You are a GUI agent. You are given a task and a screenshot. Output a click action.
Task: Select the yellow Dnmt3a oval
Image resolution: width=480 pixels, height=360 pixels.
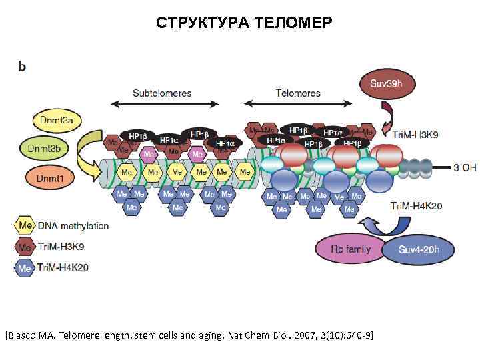pos(57,120)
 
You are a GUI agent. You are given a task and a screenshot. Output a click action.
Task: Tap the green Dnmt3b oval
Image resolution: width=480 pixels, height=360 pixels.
pos(57,149)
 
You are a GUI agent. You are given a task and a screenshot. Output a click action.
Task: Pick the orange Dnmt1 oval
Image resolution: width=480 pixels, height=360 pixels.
pos(57,178)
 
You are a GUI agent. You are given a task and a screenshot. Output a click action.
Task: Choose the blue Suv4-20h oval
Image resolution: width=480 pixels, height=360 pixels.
pos(418,250)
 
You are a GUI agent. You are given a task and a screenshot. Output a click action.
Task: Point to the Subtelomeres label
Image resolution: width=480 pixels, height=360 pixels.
pos(163,93)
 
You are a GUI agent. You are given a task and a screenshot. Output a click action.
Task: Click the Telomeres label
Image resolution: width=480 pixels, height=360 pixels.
pos(299,93)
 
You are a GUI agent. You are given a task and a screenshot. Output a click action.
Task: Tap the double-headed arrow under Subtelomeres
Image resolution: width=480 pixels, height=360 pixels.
pos(164,104)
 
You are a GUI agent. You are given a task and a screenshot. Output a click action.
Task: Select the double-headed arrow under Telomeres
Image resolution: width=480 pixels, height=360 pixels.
pos(299,104)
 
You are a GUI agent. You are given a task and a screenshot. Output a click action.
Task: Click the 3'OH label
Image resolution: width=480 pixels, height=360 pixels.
pos(465,167)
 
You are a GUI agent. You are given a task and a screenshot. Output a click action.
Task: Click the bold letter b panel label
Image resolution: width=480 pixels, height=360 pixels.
pos(22,68)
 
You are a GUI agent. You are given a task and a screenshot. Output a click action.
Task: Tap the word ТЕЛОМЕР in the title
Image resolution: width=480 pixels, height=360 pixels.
pos(290,24)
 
